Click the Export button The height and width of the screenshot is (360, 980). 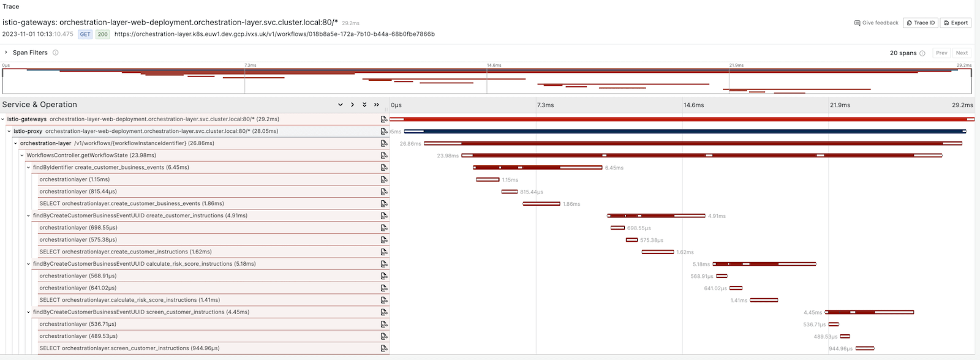coord(956,23)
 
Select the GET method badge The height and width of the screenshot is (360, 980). coord(85,34)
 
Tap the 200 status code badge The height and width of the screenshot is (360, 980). coord(102,34)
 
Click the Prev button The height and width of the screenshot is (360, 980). coord(941,53)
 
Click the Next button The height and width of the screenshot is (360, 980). coord(962,53)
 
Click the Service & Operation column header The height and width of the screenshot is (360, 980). coord(40,105)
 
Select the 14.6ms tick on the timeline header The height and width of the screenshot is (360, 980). coord(693,105)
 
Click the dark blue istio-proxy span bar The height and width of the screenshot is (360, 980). coord(685,131)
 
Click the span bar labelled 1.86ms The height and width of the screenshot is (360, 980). coord(541,204)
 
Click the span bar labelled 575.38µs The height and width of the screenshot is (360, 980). coord(631,240)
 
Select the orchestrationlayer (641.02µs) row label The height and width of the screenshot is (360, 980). coord(78,288)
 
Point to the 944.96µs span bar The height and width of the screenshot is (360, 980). coord(864,348)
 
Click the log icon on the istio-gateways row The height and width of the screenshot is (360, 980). coord(384,119)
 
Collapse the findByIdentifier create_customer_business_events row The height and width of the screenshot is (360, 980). coord(28,168)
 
